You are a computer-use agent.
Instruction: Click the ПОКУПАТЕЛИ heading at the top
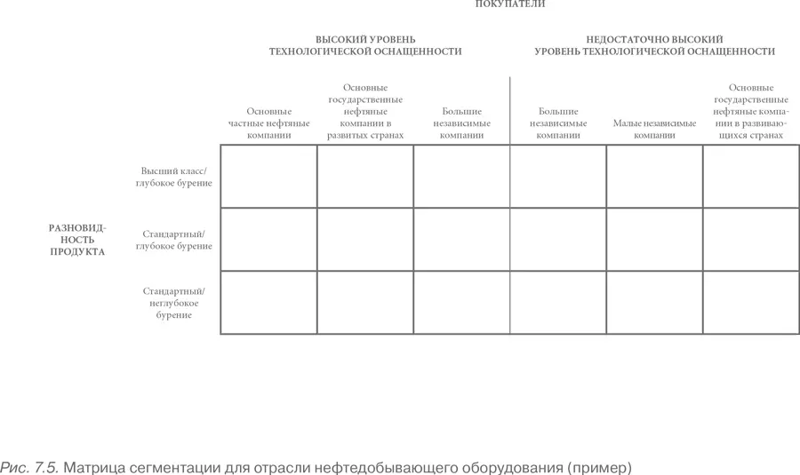[x=510, y=4]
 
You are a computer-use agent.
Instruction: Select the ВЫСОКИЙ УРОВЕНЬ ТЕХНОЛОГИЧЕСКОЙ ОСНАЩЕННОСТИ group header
[x=365, y=46]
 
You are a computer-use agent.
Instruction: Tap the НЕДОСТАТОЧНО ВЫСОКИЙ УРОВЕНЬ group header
[x=654, y=46]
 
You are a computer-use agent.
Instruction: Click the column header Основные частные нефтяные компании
[x=269, y=124]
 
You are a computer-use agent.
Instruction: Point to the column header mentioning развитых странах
[x=365, y=112]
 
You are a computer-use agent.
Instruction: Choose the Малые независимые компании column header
[x=654, y=130]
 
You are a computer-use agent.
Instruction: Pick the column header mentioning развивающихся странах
[x=750, y=112]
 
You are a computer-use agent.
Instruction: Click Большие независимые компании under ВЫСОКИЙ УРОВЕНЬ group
[x=461, y=124]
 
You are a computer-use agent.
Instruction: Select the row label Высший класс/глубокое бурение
[x=174, y=177]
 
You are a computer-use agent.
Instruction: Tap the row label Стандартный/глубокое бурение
[x=174, y=240]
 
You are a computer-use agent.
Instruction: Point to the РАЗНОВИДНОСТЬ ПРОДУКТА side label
[x=76, y=240]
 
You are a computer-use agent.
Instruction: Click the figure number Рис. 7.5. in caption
[x=29, y=466]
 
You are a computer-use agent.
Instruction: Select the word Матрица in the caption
[x=97, y=466]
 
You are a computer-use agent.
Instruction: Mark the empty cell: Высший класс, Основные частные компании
[x=268, y=177]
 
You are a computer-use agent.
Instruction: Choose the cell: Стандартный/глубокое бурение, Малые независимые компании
[x=654, y=240]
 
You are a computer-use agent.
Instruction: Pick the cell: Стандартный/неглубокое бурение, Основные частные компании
[x=268, y=303]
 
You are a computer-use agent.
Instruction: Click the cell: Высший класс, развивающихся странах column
[x=750, y=177]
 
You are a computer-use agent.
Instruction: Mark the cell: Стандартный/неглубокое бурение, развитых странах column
[x=365, y=303]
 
